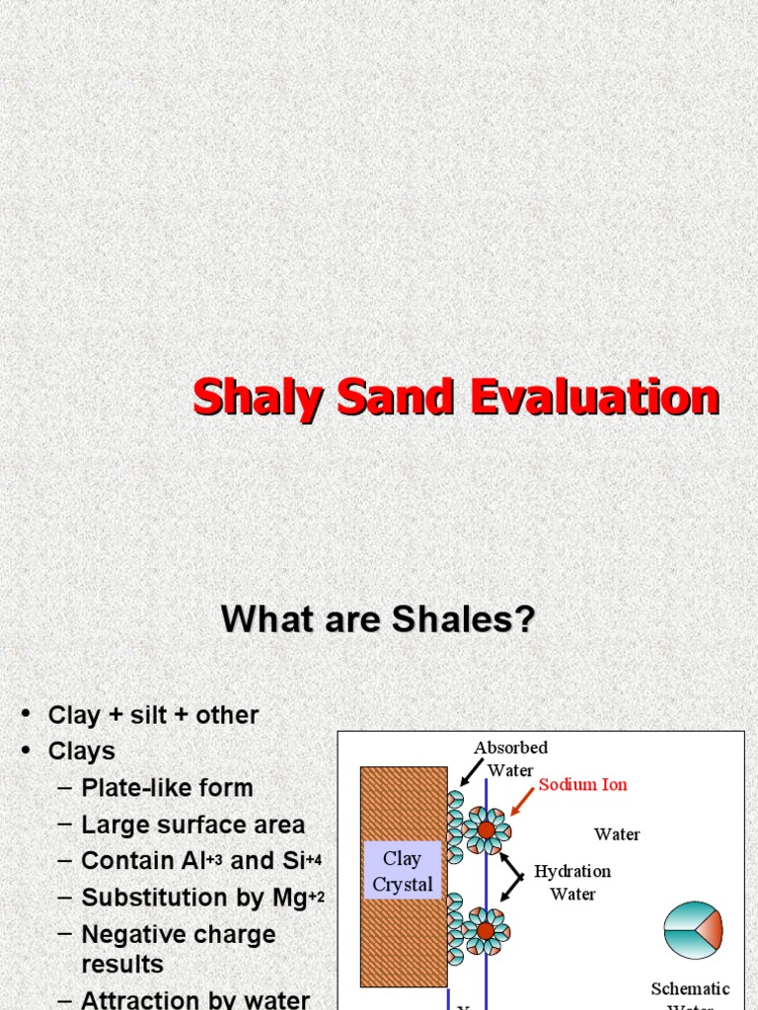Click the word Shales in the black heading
(x=464, y=619)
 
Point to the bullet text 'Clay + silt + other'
(x=153, y=715)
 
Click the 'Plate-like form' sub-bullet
(x=167, y=788)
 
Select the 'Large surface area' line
(x=192, y=825)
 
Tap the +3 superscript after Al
(x=213, y=859)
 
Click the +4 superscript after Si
(x=313, y=859)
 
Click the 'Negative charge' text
(x=178, y=934)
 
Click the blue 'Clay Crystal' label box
(x=402, y=871)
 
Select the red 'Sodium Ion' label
(x=582, y=785)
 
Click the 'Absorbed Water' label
(x=510, y=758)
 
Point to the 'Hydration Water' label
(x=572, y=882)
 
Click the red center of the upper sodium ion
(x=486, y=830)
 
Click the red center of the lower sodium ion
(x=486, y=931)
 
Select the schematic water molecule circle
(x=693, y=930)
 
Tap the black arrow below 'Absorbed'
(x=470, y=772)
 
